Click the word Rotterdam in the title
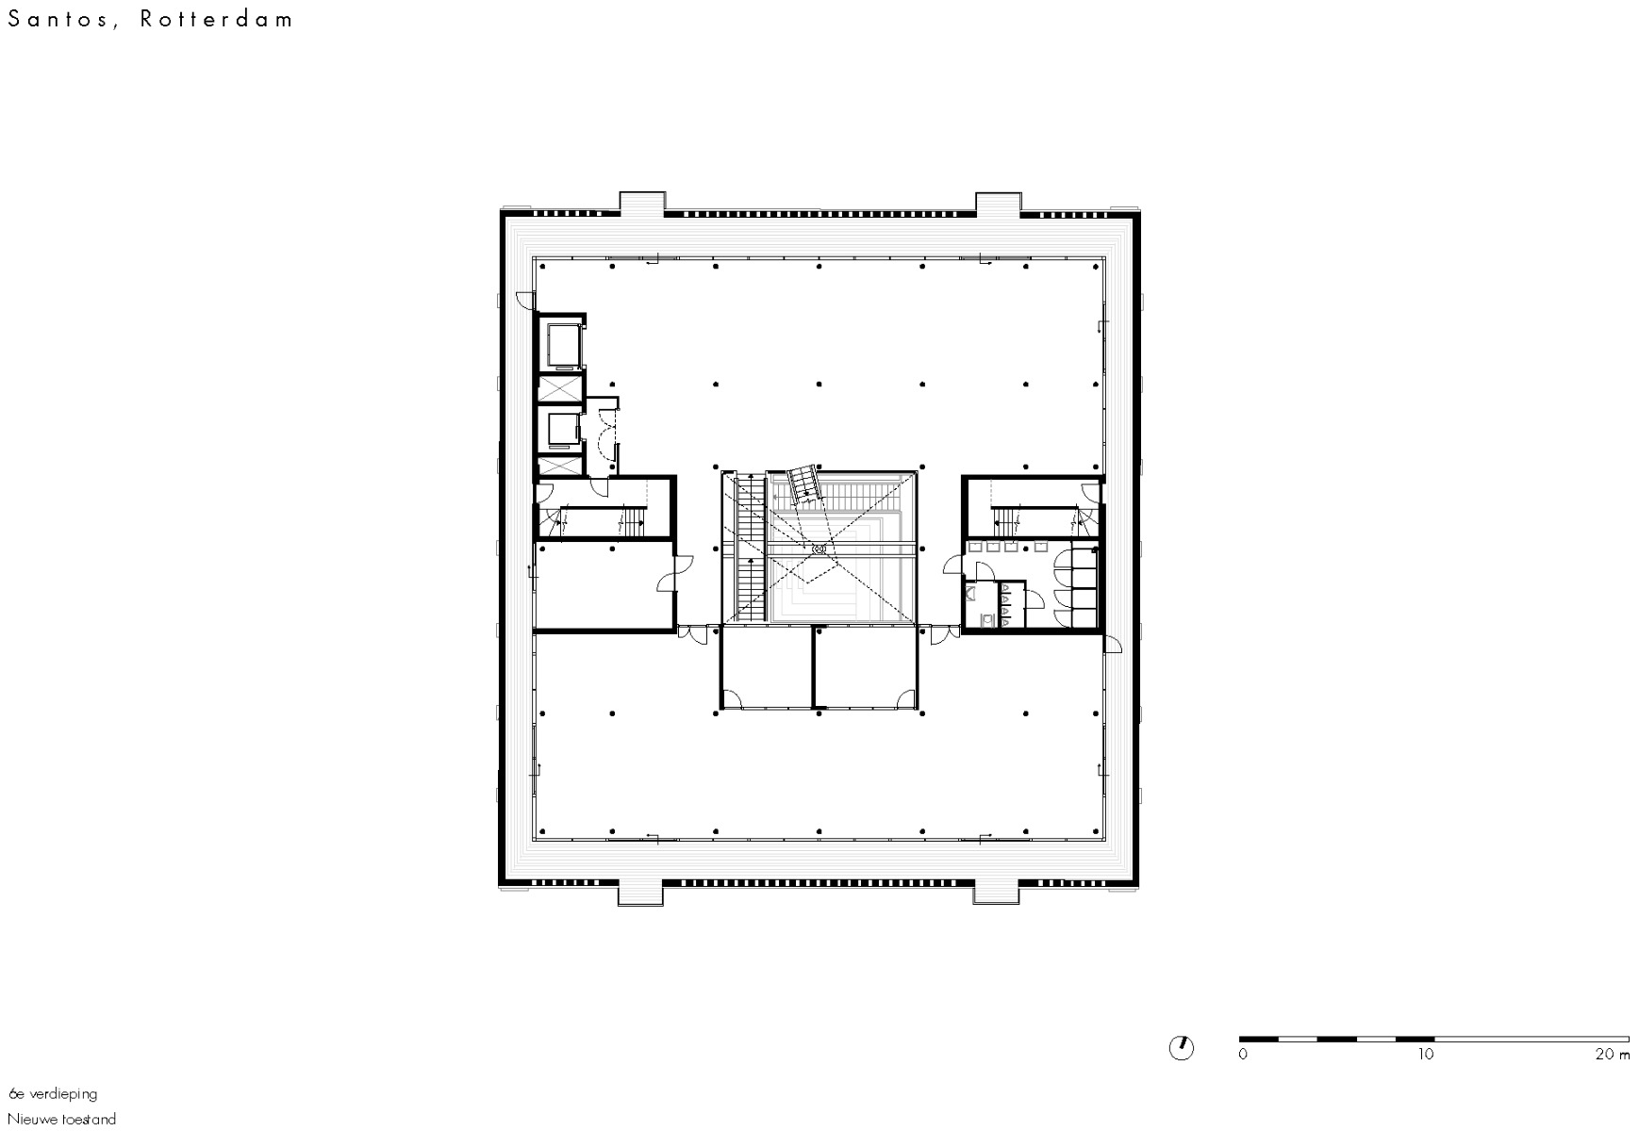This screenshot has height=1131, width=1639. [218, 20]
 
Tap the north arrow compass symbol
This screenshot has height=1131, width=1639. [1181, 1047]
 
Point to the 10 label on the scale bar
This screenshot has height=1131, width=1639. [1425, 1055]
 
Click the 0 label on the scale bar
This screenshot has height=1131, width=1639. [1243, 1055]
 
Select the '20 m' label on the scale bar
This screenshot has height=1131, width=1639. [1612, 1055]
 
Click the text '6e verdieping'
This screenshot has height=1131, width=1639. [53, 1094]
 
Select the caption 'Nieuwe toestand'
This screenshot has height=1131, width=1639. [62, 1120]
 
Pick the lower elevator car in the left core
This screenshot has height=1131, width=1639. [562, 430]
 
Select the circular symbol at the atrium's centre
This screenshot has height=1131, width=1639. [818, 548]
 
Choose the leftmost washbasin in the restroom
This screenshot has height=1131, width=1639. [975, 547]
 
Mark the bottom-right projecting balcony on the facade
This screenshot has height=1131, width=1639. [998, 892]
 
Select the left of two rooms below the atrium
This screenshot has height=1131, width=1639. [766, 667]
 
